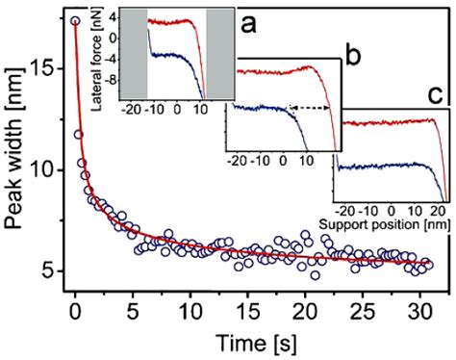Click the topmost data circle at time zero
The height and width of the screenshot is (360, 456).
(76, 20)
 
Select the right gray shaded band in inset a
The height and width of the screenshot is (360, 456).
(220, 53)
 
